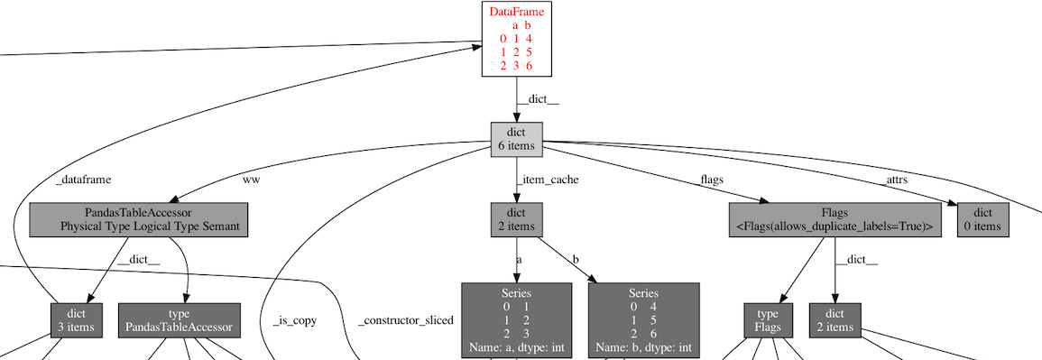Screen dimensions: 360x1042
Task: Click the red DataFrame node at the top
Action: pos(516,39)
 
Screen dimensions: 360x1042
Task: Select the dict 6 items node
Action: pos(516,139)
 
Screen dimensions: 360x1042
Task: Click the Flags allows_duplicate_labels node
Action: pos(835,220)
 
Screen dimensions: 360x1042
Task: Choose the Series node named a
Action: pos(517,320)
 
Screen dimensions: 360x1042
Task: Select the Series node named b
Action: pos(643,320)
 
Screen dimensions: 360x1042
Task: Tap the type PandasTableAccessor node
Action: pos(180,320)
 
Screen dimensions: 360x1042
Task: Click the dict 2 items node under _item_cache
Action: pos(516,220)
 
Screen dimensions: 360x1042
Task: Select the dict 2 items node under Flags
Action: pos(835,320)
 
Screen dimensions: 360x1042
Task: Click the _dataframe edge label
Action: pos(83,180)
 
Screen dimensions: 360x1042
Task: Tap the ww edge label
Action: pos(252,180)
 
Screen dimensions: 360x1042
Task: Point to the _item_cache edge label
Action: pos(548,180)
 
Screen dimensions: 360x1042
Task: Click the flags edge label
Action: pos(712,180)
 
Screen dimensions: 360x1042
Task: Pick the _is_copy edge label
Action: pos(294,320)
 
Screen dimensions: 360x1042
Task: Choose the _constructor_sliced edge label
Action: pos(405,320)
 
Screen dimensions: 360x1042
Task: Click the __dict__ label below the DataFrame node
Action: pos(538,99)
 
